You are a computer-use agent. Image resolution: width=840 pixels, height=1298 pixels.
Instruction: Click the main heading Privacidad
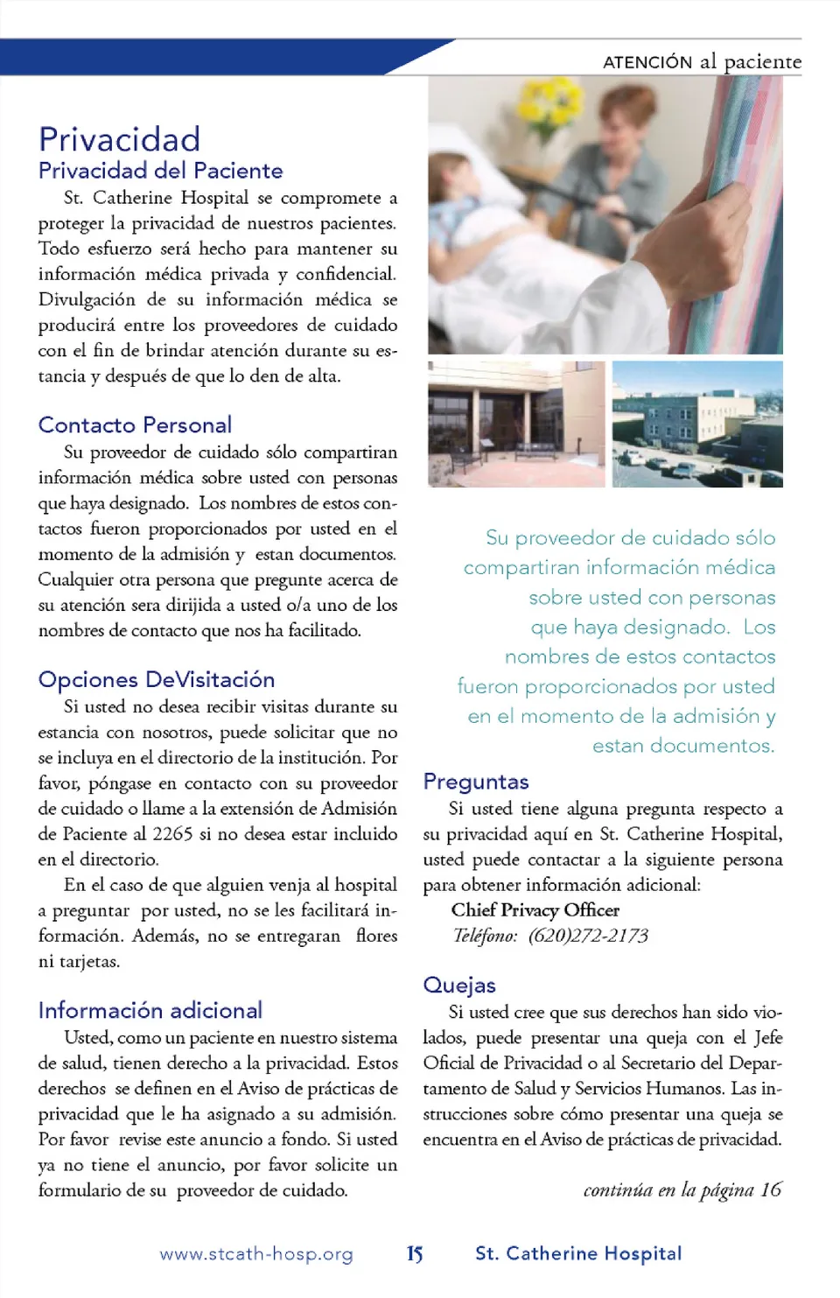pyautogui.click(x=120, y=139)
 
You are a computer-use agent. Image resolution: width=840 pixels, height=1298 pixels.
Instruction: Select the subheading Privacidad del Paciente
pyautogui.click(x=161, y=171)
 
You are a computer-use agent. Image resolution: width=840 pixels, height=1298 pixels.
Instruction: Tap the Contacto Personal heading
pyautogui.click(x=135, y=425)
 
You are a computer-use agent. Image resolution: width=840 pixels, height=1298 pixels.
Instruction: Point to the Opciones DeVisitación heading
pyautogui.click(x=157, y=680)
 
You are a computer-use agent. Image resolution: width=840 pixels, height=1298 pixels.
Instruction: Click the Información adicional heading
pyautogui.click(x=150, y=1011)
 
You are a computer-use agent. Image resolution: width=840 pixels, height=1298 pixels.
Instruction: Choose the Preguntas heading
pyautogui.click(x=476, y=782)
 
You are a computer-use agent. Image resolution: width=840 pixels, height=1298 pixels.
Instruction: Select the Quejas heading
pyautogui.click(x=459, y=986)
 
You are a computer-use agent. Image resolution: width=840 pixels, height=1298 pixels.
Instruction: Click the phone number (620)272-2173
pyautogui.click(x=588, y=936)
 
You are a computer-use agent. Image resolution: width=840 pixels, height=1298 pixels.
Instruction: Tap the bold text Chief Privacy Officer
pyautogui.click(x=535, y=910)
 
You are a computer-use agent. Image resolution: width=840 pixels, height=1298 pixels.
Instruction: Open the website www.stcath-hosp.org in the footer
pyautogui.click(x=256, y=1254)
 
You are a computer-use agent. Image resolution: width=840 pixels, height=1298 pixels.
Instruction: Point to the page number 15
pyautogui.click(x=415, y=1254)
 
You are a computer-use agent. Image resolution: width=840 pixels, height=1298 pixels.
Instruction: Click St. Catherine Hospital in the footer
pyautogui.click(x=578, y=1254)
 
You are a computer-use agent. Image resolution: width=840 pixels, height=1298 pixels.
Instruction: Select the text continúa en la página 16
pyautogui.click(x=682, y=1190)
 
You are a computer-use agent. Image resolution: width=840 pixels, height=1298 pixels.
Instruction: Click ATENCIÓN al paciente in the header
pyautogui.click(x=702, y=62)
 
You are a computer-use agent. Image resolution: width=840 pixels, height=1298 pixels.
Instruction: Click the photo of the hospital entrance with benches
pyautogui.click(x=516, y=424)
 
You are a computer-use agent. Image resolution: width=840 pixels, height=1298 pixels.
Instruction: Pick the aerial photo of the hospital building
pyautogui.click(x=697, y=424)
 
